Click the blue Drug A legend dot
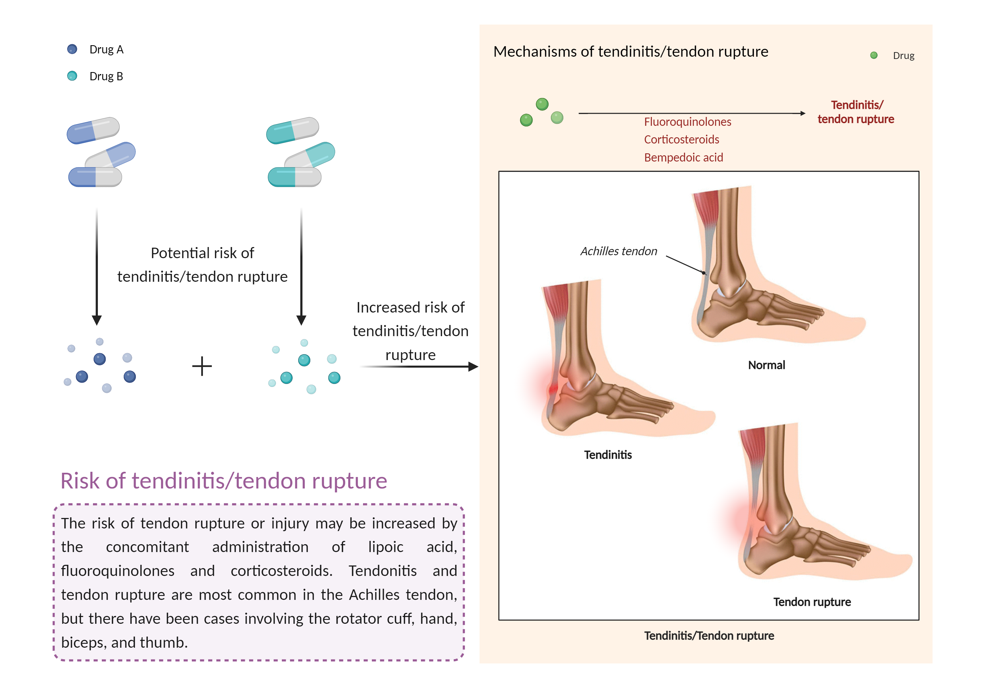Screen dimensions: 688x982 point(72,49)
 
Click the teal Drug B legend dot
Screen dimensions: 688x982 point(72,76)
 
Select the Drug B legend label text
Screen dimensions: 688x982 point(106,76)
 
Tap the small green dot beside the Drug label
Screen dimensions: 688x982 point(874,55)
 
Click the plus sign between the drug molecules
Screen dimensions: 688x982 point(202,367)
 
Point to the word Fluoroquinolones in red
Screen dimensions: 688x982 point(687,122)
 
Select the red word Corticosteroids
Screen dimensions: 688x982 point(681,140)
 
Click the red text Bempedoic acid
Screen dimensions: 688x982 point(683,158)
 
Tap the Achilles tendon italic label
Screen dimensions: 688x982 point(618,251)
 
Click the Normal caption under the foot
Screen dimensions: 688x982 point(766,365)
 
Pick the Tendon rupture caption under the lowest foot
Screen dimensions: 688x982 point(812,602)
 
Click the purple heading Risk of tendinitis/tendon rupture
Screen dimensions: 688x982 point(224,481)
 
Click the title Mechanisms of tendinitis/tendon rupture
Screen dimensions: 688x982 point(630,51)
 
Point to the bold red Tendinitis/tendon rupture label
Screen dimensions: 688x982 point(856,112)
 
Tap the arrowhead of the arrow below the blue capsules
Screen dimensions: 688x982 point(97,320)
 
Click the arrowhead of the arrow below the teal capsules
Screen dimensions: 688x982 point(301,320)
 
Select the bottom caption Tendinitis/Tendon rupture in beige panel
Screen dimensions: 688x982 point(709,636)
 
